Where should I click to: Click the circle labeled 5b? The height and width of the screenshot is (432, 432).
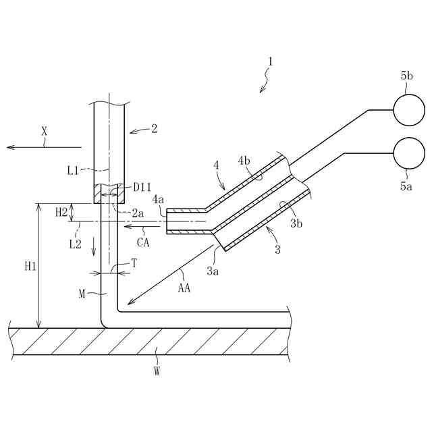tap(409, 110)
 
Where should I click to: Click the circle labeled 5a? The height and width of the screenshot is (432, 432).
tap(409, 153)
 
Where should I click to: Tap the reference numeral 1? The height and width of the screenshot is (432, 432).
tap(270, 62)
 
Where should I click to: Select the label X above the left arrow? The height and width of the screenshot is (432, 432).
tap(45, 133)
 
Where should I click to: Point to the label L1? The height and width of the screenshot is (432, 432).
tap(74, 171)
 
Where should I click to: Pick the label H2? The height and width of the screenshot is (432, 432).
tap(61, 212)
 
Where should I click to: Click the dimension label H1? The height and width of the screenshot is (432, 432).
tap(30, 267)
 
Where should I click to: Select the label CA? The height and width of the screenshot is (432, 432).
tap(143, 242)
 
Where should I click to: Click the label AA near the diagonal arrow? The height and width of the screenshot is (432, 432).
tap(184, 288)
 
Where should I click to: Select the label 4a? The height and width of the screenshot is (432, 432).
tap(158, 200)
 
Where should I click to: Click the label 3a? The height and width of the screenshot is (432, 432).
tap(213, 271)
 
